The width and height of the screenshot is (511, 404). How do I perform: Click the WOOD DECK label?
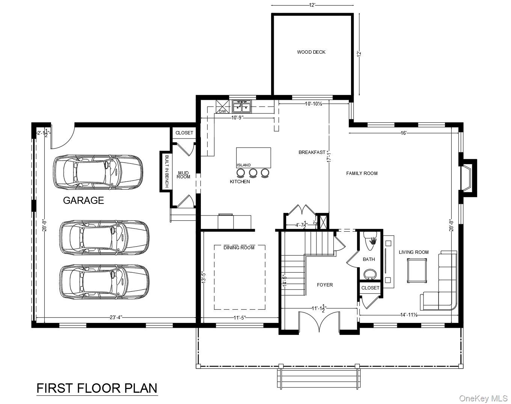pos(311,52)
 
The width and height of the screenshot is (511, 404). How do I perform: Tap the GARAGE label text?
pos(83,200)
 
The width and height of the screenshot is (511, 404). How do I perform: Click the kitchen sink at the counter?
pos(243,107)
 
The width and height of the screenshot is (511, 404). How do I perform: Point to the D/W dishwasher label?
pos(223,112)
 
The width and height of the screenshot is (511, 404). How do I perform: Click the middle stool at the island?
pos(253,173)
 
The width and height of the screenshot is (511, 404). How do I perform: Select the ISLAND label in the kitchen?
pos(244,165)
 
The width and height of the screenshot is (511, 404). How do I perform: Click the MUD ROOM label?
pos(184,175)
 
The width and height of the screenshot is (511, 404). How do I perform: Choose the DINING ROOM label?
pos(239,248)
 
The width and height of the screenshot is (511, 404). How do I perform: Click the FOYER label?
pos(325,285)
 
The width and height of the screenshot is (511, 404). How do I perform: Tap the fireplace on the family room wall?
pos(469,178)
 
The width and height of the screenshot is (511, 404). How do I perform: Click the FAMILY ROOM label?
pos(362,173)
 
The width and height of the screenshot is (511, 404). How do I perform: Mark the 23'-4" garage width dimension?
pos(116,317)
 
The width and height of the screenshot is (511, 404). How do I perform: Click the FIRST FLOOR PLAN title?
pos(97,388)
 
